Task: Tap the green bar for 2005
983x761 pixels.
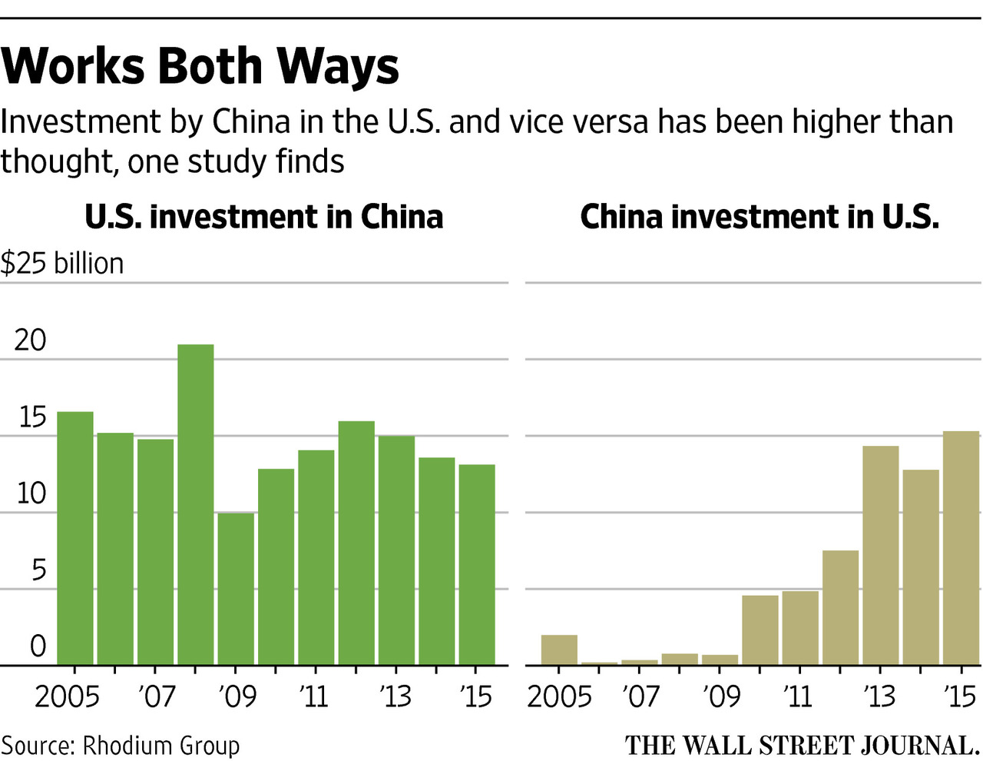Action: pyautogui.click(x=75, y=538)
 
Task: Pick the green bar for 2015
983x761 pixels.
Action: pyautogui.click(x=477, y=565)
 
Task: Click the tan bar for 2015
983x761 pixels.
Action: pyautogui.click(x=961, y=548)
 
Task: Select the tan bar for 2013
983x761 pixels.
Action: pyautogui.click(x=880, y=555)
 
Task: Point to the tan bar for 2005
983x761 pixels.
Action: pyautogui.click(x=559, y=650)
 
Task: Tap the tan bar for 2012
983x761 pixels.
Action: pyautogui.click(x=840, y=607)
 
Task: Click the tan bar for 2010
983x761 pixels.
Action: pyautogui.click(x=760, y=630)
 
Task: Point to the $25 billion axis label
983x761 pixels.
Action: pyautogui.click(x=62, y=264)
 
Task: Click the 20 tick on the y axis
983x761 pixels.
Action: pyautogui.click(x=30, y=340)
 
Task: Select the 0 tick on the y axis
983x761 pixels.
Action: pyautogui.click(x=38, y=646)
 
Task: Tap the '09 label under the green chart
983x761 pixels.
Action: pyautogui.click(x=237, y=696)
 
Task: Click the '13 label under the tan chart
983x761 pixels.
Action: pyautogui.click(x=879, y=696)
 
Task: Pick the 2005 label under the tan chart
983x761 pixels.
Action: pyautogui.click(x=560, y=696)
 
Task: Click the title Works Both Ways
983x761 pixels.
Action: pyautogui.click(x=200, y=66)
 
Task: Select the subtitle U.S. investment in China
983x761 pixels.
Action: pyautogui.click(x=263, y=217)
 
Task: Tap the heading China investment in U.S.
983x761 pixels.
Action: pyautogui.click(x=760, y=217)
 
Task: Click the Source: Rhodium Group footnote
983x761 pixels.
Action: pyautogui.click(x=121, y=746)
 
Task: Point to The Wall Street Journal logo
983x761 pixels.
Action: pyautogui.click(x=802, y=746)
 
